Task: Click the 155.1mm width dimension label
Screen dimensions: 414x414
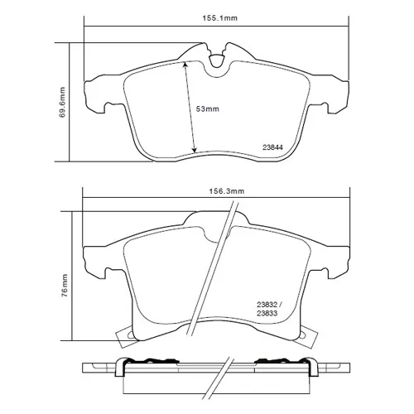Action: click(220, 18)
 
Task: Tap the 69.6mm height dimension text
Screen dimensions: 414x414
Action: click(62, 103)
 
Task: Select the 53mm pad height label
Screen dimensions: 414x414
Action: click(208, 109)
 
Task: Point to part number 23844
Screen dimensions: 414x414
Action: click(272, 147)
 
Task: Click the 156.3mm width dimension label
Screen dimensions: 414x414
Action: click(227, 191)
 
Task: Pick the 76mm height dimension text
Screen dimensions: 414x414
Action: click(65, 286)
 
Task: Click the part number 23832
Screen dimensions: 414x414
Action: click(267, 305)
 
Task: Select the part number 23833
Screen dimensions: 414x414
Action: click(267, 314)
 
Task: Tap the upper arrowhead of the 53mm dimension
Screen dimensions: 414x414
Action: click(185, 65)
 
